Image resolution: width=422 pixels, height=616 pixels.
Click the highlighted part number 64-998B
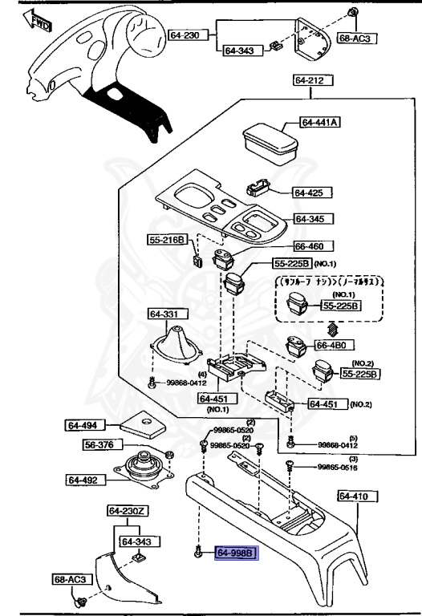(235, 553)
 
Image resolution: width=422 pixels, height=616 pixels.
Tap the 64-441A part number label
(321, 123)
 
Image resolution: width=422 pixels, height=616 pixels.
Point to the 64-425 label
(307, 192)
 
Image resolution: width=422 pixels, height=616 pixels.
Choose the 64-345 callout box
(314, 219)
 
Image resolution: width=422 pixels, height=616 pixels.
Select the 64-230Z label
(128, 510)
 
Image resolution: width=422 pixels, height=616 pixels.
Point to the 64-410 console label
(354, 496)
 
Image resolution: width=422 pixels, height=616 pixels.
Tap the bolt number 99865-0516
(336, 466)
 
